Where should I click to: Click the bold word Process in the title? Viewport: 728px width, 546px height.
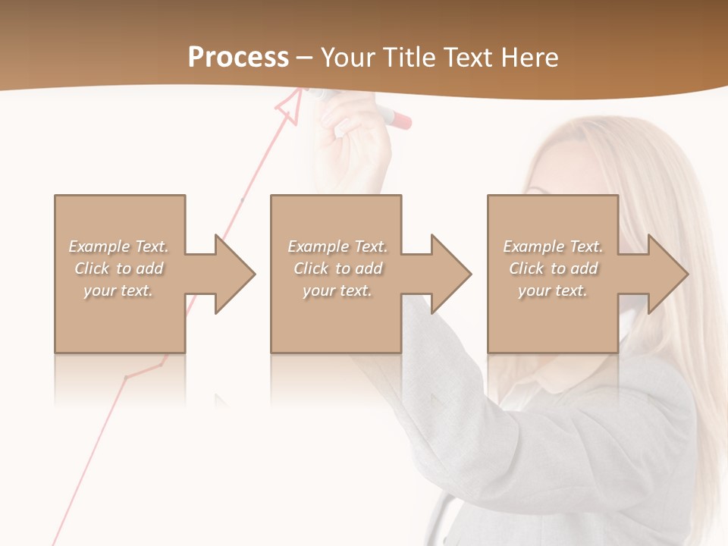(238, 58)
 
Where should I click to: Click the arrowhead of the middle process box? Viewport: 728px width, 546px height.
(450, 274)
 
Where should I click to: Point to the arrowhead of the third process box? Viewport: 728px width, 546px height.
(667, 274)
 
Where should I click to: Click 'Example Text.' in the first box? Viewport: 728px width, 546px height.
(118, 246)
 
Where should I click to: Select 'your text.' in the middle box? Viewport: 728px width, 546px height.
(337, 290)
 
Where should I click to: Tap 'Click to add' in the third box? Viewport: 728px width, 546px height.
(553, 268)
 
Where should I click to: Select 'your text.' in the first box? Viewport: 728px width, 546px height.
(118, 290)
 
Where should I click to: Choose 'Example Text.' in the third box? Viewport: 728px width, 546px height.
(553, 246)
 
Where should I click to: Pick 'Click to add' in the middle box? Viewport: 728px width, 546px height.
(337, 268)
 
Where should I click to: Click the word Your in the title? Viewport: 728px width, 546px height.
(350, 58)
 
